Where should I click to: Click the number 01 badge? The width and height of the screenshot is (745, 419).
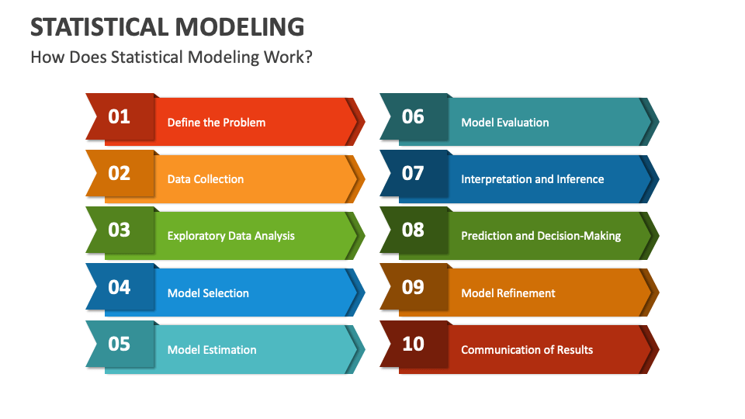tap(119, 117)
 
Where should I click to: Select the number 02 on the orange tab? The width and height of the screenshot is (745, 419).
tap(119, 173)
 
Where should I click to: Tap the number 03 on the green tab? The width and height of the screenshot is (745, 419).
tap(119, 230)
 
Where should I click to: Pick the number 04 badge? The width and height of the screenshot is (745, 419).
tap(119, 287)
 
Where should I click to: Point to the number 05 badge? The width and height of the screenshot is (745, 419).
tap(119, 344)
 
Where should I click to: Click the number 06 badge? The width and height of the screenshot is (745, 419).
tap(413, 117)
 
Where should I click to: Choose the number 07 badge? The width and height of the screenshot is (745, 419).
tap(413, 173)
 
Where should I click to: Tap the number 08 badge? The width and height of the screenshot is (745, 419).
tap(413, 230)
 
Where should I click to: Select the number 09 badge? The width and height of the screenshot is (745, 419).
tap(413, 287)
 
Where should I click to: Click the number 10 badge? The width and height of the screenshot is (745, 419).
tap(413, 344)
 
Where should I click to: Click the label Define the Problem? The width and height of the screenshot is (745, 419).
tap(217, 123)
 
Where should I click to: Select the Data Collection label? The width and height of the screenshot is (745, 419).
tap(206, 179)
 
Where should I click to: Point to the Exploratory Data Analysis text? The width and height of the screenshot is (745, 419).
tap(231, 236)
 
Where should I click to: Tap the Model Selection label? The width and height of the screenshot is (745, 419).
tap(208, 293)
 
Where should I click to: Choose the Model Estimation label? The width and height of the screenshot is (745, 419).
tap(212, 350)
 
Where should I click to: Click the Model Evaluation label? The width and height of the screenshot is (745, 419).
tap(505, 123)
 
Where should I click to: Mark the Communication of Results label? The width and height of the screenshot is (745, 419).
tap(527, 350)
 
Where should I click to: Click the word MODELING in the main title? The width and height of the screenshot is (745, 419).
tap(239, 26)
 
